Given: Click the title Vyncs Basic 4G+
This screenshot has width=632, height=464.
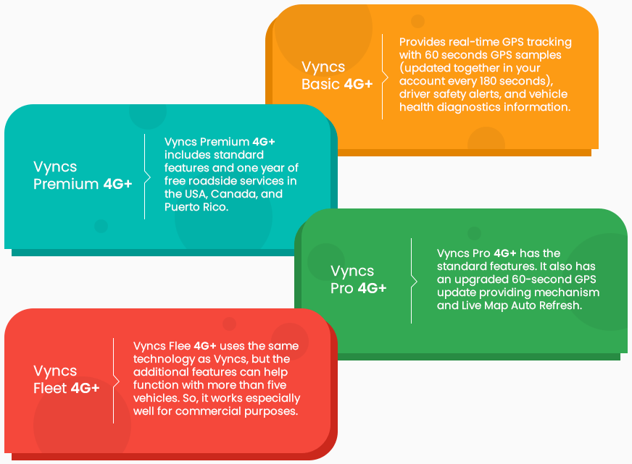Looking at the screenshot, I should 337,75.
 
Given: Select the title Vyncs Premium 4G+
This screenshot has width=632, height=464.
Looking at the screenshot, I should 83,175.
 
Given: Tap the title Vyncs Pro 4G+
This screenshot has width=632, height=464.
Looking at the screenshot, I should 358,279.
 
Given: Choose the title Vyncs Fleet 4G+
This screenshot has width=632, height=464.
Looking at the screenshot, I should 67,379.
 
